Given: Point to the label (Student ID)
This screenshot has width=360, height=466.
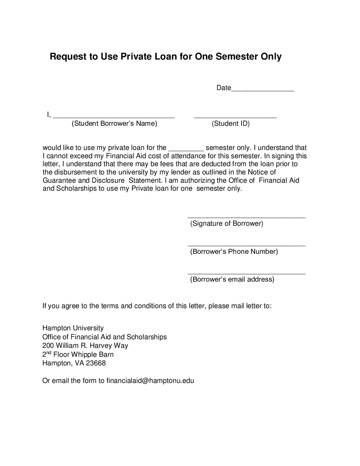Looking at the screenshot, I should [231, 124].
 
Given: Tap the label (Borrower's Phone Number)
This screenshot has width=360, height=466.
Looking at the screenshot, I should [234, 252].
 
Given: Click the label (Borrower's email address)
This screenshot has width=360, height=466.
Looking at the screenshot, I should [232, 279].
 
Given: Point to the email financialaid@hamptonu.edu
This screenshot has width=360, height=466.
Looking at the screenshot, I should [150, 381].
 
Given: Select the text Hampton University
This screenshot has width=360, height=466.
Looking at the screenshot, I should [73, 328].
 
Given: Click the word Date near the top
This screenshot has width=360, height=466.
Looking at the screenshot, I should [223, 88].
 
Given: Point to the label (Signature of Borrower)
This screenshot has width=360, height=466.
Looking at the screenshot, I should [227, 223].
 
